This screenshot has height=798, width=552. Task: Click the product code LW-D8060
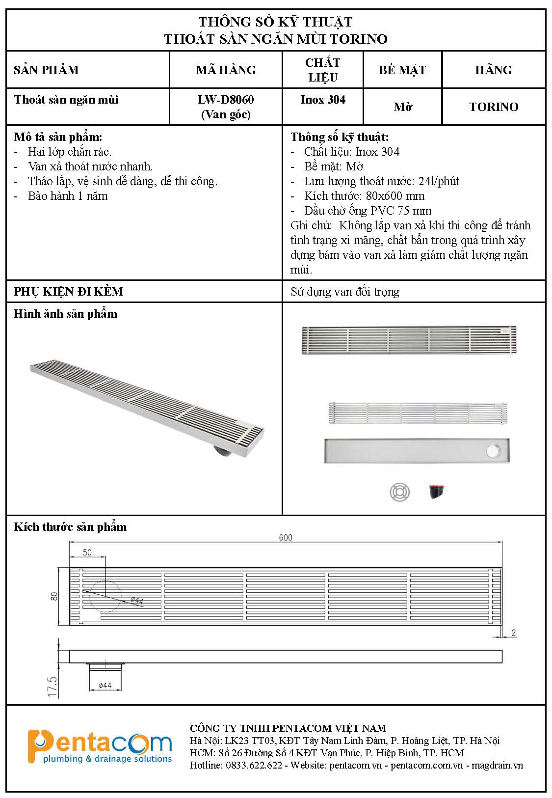226,100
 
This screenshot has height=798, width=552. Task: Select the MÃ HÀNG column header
226,70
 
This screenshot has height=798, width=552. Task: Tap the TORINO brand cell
493,107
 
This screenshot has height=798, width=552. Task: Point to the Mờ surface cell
402,107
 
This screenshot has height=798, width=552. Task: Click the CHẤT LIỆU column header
322,70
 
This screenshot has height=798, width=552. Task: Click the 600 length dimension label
286,537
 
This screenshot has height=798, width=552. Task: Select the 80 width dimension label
54,596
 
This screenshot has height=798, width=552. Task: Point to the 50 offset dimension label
87,552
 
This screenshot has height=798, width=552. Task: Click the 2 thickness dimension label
514,633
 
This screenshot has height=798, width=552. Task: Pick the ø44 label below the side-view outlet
105,686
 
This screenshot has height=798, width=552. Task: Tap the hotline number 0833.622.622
254,765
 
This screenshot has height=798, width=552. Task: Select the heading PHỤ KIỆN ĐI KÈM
68,292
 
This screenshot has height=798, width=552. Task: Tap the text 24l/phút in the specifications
439,181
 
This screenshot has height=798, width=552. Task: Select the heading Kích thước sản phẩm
70,527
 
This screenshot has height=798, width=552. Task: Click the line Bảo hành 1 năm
68,196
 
